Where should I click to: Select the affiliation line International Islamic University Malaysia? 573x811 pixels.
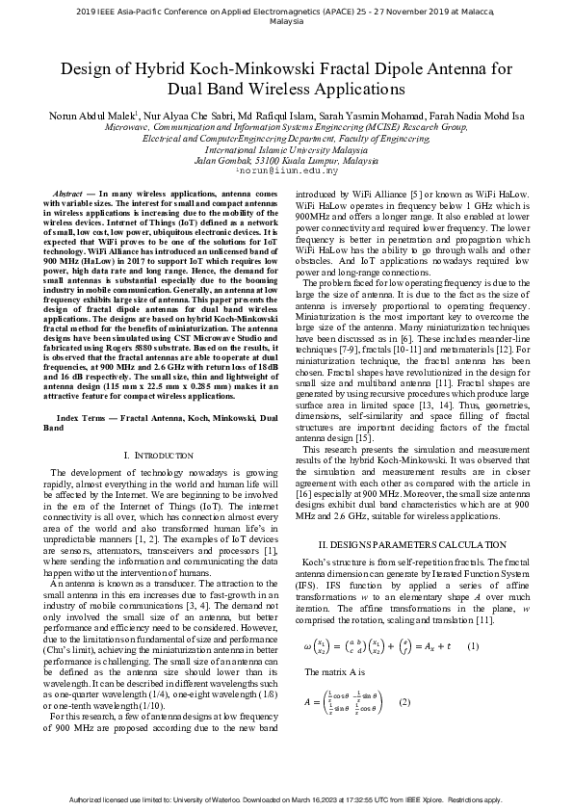pos(286,149)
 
